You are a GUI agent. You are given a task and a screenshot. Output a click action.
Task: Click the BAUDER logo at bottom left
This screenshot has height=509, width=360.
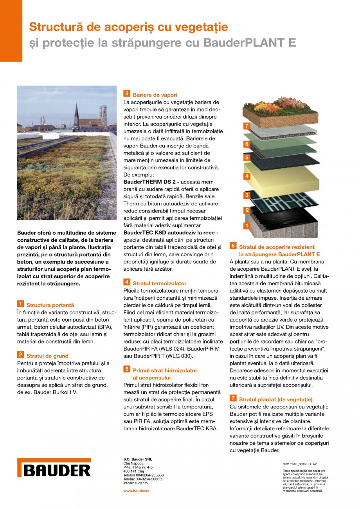54,468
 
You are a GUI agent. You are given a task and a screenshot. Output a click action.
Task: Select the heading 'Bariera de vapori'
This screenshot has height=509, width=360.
155,95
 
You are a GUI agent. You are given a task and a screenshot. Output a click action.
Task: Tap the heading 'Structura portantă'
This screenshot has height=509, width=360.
50,305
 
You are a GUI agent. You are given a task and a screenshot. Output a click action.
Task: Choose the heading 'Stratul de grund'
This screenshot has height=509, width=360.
47,356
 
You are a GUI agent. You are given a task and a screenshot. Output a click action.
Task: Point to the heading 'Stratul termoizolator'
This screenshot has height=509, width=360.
160,283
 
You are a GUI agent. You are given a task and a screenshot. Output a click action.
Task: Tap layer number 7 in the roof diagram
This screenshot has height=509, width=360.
246,126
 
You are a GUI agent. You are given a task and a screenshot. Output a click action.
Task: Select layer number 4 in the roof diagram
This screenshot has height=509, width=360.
246,176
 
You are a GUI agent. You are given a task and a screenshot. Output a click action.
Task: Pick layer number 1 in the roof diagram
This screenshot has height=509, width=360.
246,225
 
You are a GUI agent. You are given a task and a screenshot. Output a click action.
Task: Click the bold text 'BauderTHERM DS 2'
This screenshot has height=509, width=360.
146,182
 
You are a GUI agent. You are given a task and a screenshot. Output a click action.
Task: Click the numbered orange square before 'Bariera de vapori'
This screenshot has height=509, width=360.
127,94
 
